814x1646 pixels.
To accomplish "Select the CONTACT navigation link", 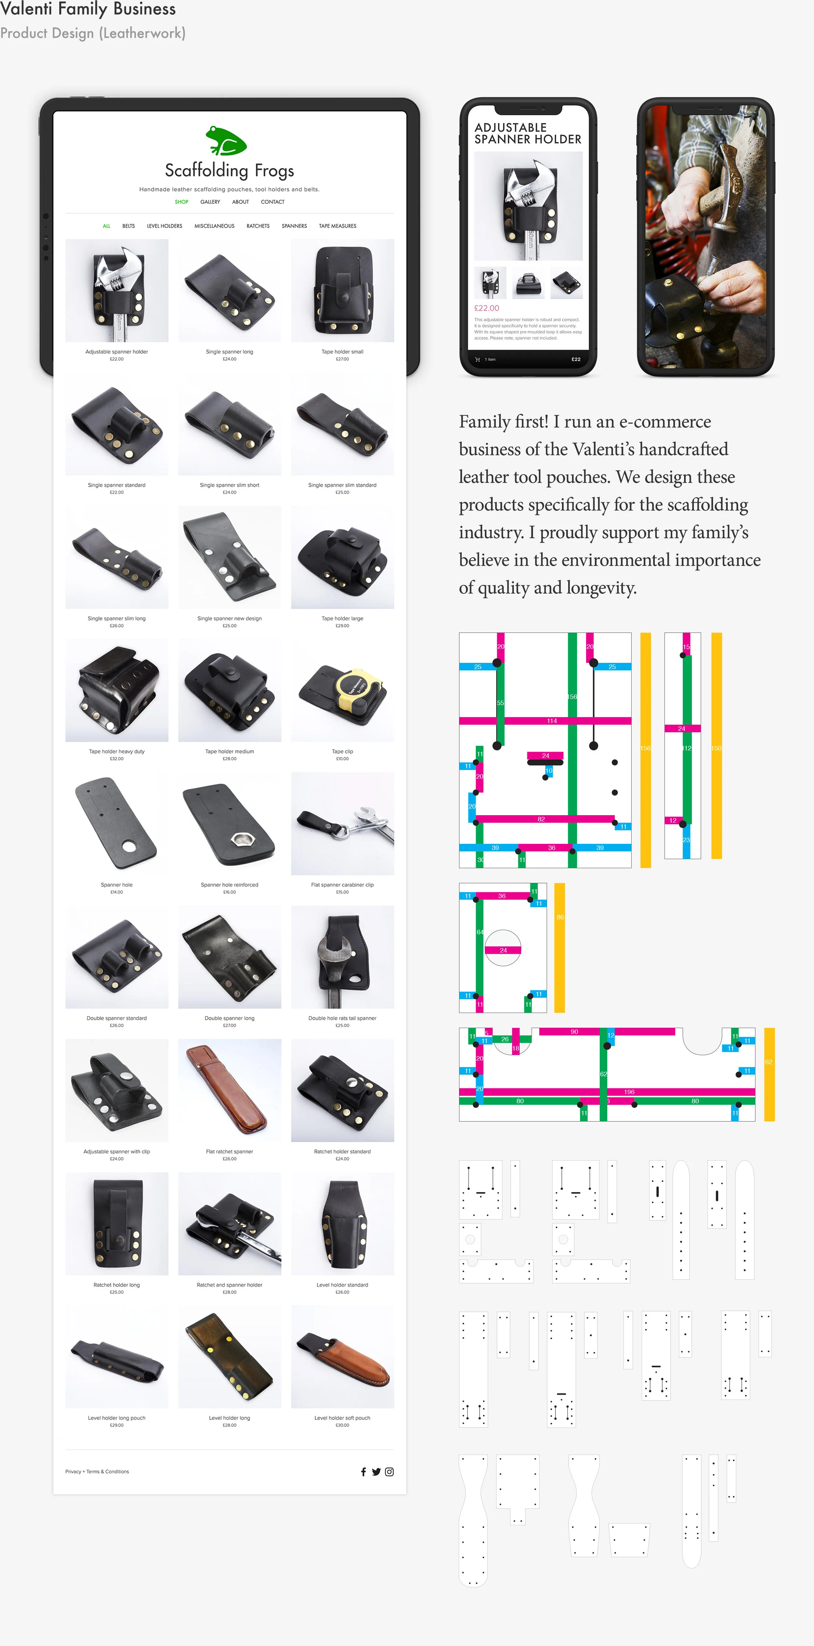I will pyautogui.click(x=272, y=202).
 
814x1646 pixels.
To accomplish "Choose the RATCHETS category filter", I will pyautogui.click(x=258, y=226).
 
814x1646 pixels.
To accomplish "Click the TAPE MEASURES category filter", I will pyautogui.click(x=337, y=226).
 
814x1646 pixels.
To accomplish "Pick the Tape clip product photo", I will pyautogui.click(x=343, y=691).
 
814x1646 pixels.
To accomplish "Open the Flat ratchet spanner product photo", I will pyautogui.click(x=229, y=1090).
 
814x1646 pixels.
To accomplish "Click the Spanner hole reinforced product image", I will pyautogui.click(x=229, y=824).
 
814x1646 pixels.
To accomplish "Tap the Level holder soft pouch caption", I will pyautogui.click(x=343, y=1418).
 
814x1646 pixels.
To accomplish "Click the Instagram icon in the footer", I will pyautogui.click(x=389, y=1472).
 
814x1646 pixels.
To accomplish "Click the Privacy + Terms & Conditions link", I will pyautogui.click(x=97, y=1472).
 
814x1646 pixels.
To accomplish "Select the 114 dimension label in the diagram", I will pyautogui.click(x=551, y=721).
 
